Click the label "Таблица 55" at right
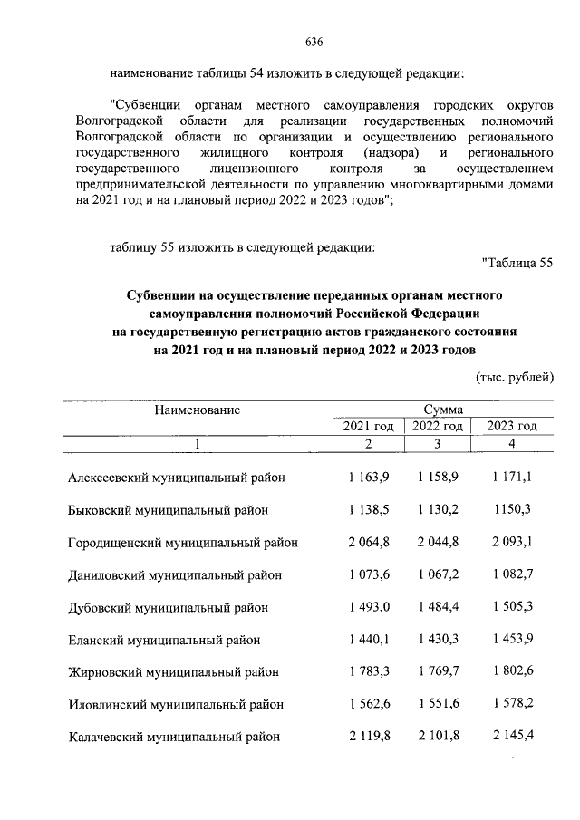(x=518, y=264)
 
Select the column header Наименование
(x=197, y=410)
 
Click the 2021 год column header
(x=367, y=426)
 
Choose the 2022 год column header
(x=438, y=426)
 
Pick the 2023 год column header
(x=512, y=426)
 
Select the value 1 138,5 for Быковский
(x=368, y=510)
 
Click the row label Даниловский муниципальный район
(x=175, y=575)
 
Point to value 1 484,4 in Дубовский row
(x=439, y=607)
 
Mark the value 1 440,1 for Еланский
(x=368, y=640)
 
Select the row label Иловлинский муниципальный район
(x=176, y=704)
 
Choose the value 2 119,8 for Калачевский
(x=368, y=736)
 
